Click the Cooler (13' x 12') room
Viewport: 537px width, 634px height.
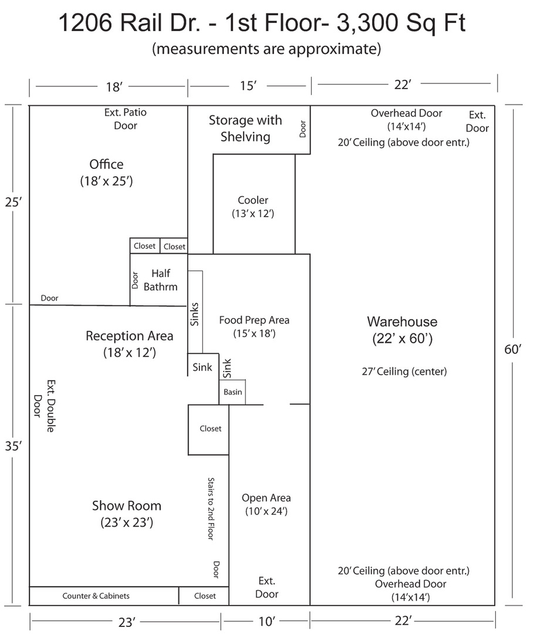click(x=254, y=204)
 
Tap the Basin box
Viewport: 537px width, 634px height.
click(x=232, y=392)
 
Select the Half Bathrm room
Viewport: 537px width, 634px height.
click(x=158, y=279)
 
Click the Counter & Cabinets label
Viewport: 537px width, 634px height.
click(x=96, y=596)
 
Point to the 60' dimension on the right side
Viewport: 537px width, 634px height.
click(x=513, y=349)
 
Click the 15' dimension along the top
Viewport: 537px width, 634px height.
click(x=248, y=86)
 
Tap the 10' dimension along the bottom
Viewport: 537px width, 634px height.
click(x=266, y=621)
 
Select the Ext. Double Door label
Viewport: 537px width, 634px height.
click(x=43, y=406)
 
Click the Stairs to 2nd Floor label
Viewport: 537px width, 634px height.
click(x=211, y=508)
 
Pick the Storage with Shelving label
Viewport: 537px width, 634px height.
click(x=245, y=128)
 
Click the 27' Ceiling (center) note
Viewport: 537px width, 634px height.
click(x=404, y=371)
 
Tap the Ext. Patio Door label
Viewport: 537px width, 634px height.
click(x=126, y=119)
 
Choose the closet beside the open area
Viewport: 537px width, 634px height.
click(x=209, y=429)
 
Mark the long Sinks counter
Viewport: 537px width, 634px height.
click(x=195, y=312)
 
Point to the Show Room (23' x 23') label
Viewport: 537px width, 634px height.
click(x=127, y=514)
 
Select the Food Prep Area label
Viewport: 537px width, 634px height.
click(x=254, y=320)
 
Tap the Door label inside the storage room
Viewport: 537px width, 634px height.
click(x=302, y=129)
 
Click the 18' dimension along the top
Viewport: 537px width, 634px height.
click(x=114, y=86)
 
